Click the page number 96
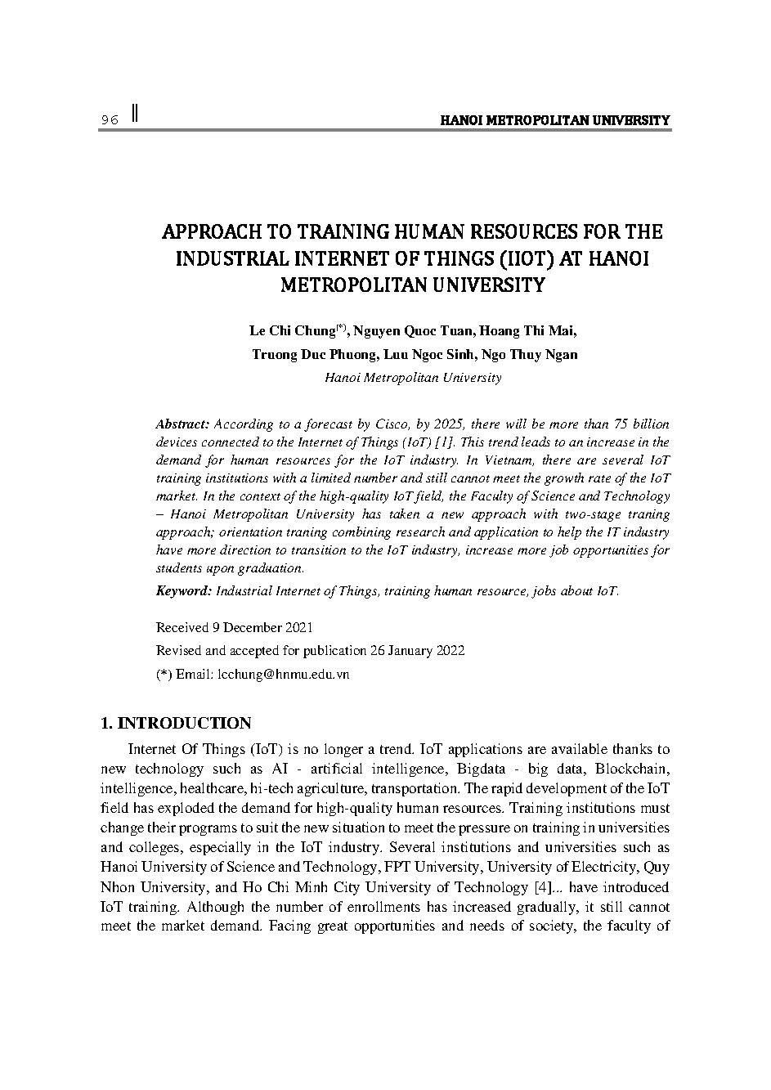(110, 120)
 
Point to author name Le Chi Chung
(292, 331)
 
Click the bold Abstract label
(183, 424)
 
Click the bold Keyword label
(184, 590)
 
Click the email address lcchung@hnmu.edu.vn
(283, 675)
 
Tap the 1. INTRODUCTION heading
(175, 724)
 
